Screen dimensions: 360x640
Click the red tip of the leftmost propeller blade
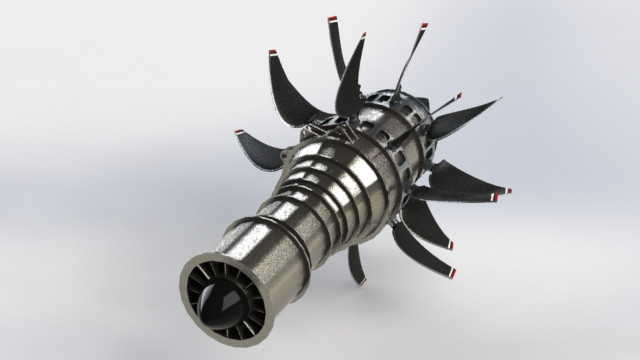click(x=239, y=132)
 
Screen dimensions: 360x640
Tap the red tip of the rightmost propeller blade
click(x=508, y=190)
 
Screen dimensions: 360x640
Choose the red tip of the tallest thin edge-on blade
click(x=424, y=24)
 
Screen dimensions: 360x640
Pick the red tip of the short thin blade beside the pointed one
click(x=459, y=97)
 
